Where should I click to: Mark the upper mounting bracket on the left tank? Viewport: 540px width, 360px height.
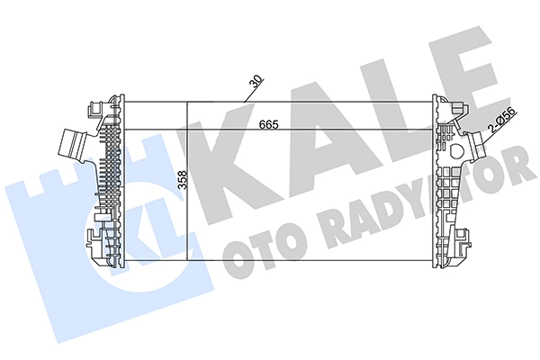pyautogui.click(x=94, y=109)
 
